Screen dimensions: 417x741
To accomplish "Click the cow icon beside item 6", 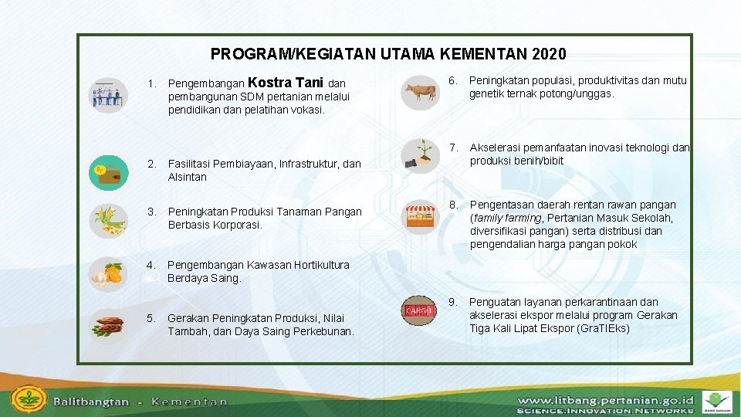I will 420,92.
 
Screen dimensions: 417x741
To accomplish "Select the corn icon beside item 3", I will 109,219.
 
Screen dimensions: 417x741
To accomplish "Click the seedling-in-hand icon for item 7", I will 420,153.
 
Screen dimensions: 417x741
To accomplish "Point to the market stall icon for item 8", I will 421,215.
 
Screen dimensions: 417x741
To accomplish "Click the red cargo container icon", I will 420,310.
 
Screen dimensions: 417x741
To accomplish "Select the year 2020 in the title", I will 549,54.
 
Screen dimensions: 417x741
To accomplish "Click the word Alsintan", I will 187,177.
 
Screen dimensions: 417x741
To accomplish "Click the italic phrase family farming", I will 503,218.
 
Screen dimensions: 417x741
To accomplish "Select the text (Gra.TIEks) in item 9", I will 603,328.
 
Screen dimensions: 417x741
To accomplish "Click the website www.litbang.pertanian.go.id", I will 605,400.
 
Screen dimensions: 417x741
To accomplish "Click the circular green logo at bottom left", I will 29,400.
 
